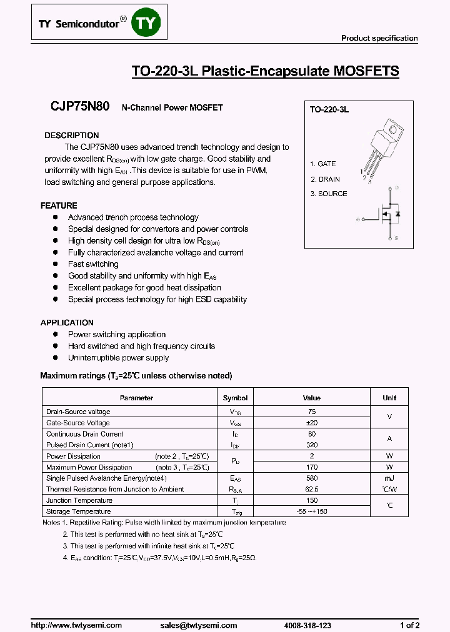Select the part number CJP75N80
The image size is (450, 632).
[x=80, y=107]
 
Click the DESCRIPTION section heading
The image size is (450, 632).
[x=71, y=136]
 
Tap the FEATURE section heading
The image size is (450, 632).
[x=59, y=205]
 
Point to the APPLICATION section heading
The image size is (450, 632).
[x=67, y=323]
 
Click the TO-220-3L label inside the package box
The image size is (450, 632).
[x=329, y=109]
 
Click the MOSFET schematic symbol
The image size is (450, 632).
[x=384, y=213]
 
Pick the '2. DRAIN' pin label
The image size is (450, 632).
[x=325, y=179]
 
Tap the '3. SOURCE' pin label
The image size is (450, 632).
[x=328, y=194]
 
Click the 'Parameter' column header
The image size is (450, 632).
[x=136, y=398]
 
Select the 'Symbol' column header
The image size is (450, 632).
[x=235, y=398]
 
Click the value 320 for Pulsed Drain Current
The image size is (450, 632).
[x=312, y=445]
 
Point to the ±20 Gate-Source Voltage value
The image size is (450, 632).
[x=312, y=423]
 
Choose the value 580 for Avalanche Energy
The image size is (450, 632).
[x=312, y=478]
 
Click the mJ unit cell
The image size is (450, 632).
[x=389, y=478]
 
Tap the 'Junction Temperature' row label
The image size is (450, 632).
[x=79, y=500]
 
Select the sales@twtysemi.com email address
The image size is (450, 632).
[x=199, y=625]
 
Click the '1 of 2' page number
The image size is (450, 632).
[x=409, y=625]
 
